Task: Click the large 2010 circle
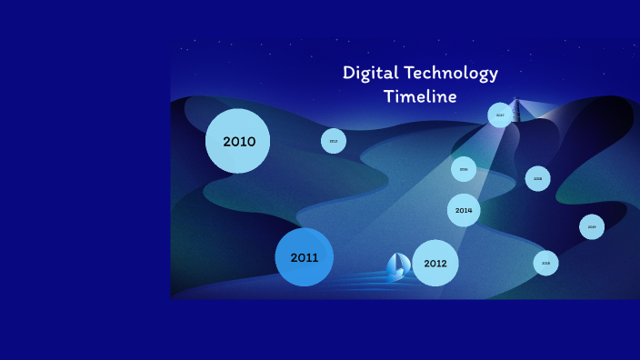point(237,141)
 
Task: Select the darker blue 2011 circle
point(305,257)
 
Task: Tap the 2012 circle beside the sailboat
point(435,263)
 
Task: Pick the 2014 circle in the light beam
point(464,210)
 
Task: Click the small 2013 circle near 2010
point(334,141)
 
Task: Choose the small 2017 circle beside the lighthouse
point(500,115)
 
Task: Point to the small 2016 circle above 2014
point(464,169)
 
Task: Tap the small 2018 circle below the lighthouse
point(538,178)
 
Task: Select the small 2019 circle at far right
point(592,226)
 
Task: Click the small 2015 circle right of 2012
point(546,263)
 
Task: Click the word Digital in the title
point(368,74)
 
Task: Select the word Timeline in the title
point(420,96)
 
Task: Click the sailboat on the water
point(398,266)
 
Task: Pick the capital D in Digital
point(349,74)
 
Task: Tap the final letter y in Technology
point(494,75)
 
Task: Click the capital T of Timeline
point(389,96)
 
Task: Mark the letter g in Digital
point(371,75)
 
